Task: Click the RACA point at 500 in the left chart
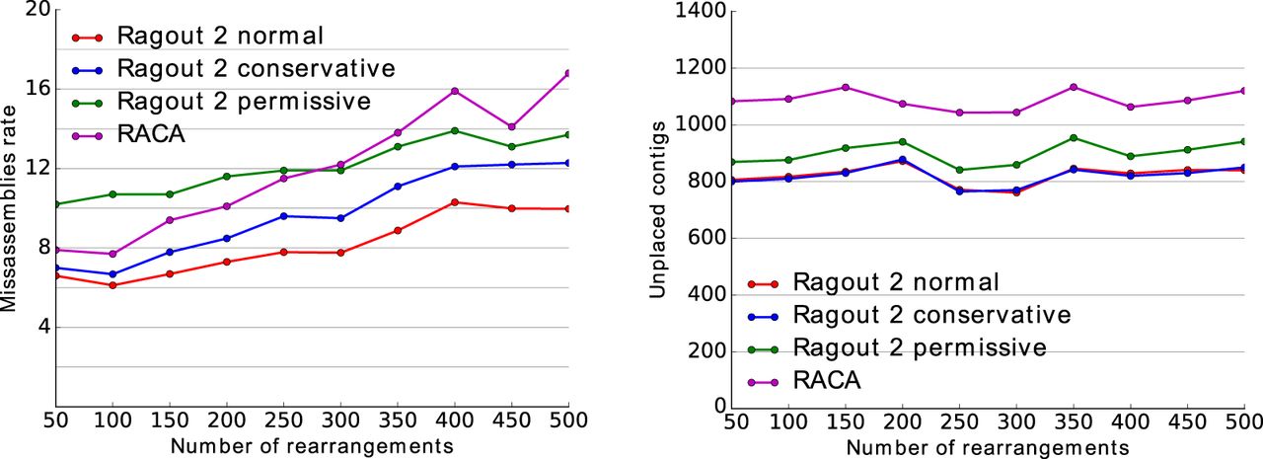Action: tap(568, 73)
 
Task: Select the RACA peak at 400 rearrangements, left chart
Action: tap(455, 91)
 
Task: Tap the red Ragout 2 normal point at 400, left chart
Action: tap(455, 202)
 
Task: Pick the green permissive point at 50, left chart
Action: tap(56, 204)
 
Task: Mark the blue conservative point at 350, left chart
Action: tap(398, 186)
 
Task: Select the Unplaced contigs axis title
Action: tap(657, 208)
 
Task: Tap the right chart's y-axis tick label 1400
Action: tap(700, 11)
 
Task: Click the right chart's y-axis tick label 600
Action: tap(706, 238)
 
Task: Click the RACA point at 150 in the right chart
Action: tap(844, 87)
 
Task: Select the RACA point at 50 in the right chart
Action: tap(729, 101)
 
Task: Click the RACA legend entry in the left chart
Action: tap(150, 133)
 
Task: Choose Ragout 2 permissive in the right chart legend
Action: tap(921, 347)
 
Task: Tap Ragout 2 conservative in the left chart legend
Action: tap(256, 69)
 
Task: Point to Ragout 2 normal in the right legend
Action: tap(897, 282)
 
